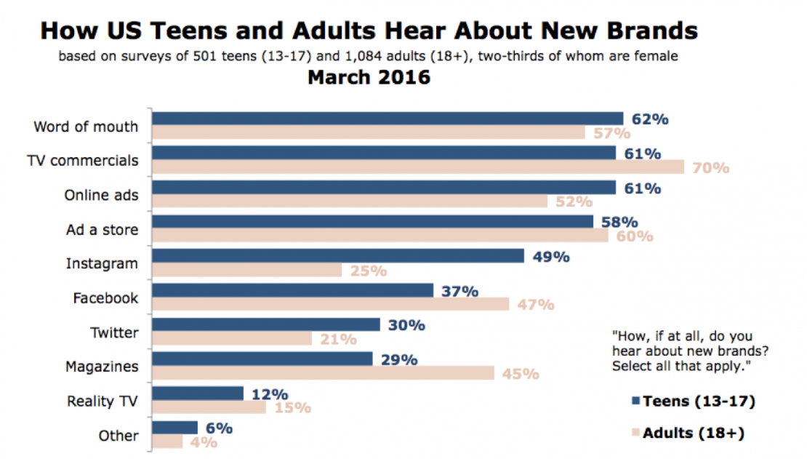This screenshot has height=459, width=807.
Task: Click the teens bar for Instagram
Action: click(x=338, y=256)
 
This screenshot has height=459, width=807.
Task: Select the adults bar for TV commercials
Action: click(x=418, y=167)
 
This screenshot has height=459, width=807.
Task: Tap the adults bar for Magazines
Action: click(x=324, y=373)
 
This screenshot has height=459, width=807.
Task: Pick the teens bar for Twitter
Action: click(x=266, y=324)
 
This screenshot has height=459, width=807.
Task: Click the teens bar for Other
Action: click(x=175, y=428)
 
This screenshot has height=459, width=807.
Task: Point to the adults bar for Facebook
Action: click(x=331, y=304)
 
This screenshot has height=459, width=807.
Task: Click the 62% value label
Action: click(x=650, y=119)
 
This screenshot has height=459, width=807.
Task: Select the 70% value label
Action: click(x=710, y=167)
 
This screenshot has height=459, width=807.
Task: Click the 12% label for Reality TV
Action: click(x=269, y=394)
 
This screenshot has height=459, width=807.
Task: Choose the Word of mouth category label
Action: click(x=86, y=127)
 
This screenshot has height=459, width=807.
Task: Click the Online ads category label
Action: click(x=101, y=196)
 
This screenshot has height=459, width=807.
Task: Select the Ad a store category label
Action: click(x=103, y=230)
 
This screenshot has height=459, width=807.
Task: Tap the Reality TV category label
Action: click(x=103, y=401)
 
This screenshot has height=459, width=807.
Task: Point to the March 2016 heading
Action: click(x=369, y=77)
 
